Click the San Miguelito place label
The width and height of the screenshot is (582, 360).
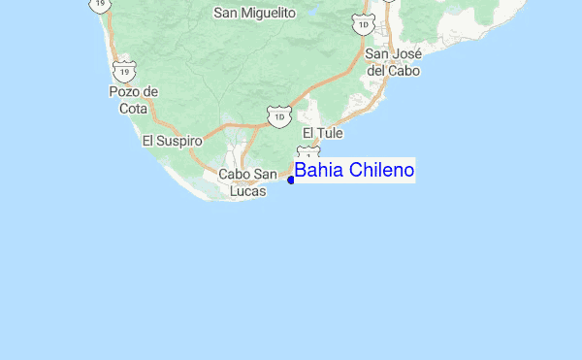pos(253,13)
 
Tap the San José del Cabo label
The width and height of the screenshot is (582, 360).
pos(391,62)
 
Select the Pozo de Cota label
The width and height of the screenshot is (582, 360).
pos(133,99)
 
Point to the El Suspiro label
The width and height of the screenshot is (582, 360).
pos(172,141)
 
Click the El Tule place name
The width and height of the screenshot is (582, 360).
pos(323,132)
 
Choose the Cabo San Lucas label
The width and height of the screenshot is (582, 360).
pos(248,182)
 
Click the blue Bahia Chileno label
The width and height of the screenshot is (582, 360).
pos(354,171)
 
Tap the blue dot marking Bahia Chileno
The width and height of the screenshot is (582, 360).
pos(291,180)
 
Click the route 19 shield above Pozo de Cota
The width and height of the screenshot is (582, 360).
pos(123,71)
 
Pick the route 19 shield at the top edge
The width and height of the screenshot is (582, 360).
pos(98,5)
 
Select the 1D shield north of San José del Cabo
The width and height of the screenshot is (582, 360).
pos(364,24)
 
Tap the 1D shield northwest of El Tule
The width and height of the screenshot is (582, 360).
pos(280,116)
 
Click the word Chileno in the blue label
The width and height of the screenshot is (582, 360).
pos(382,171)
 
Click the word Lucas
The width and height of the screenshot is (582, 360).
pos(248,191)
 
